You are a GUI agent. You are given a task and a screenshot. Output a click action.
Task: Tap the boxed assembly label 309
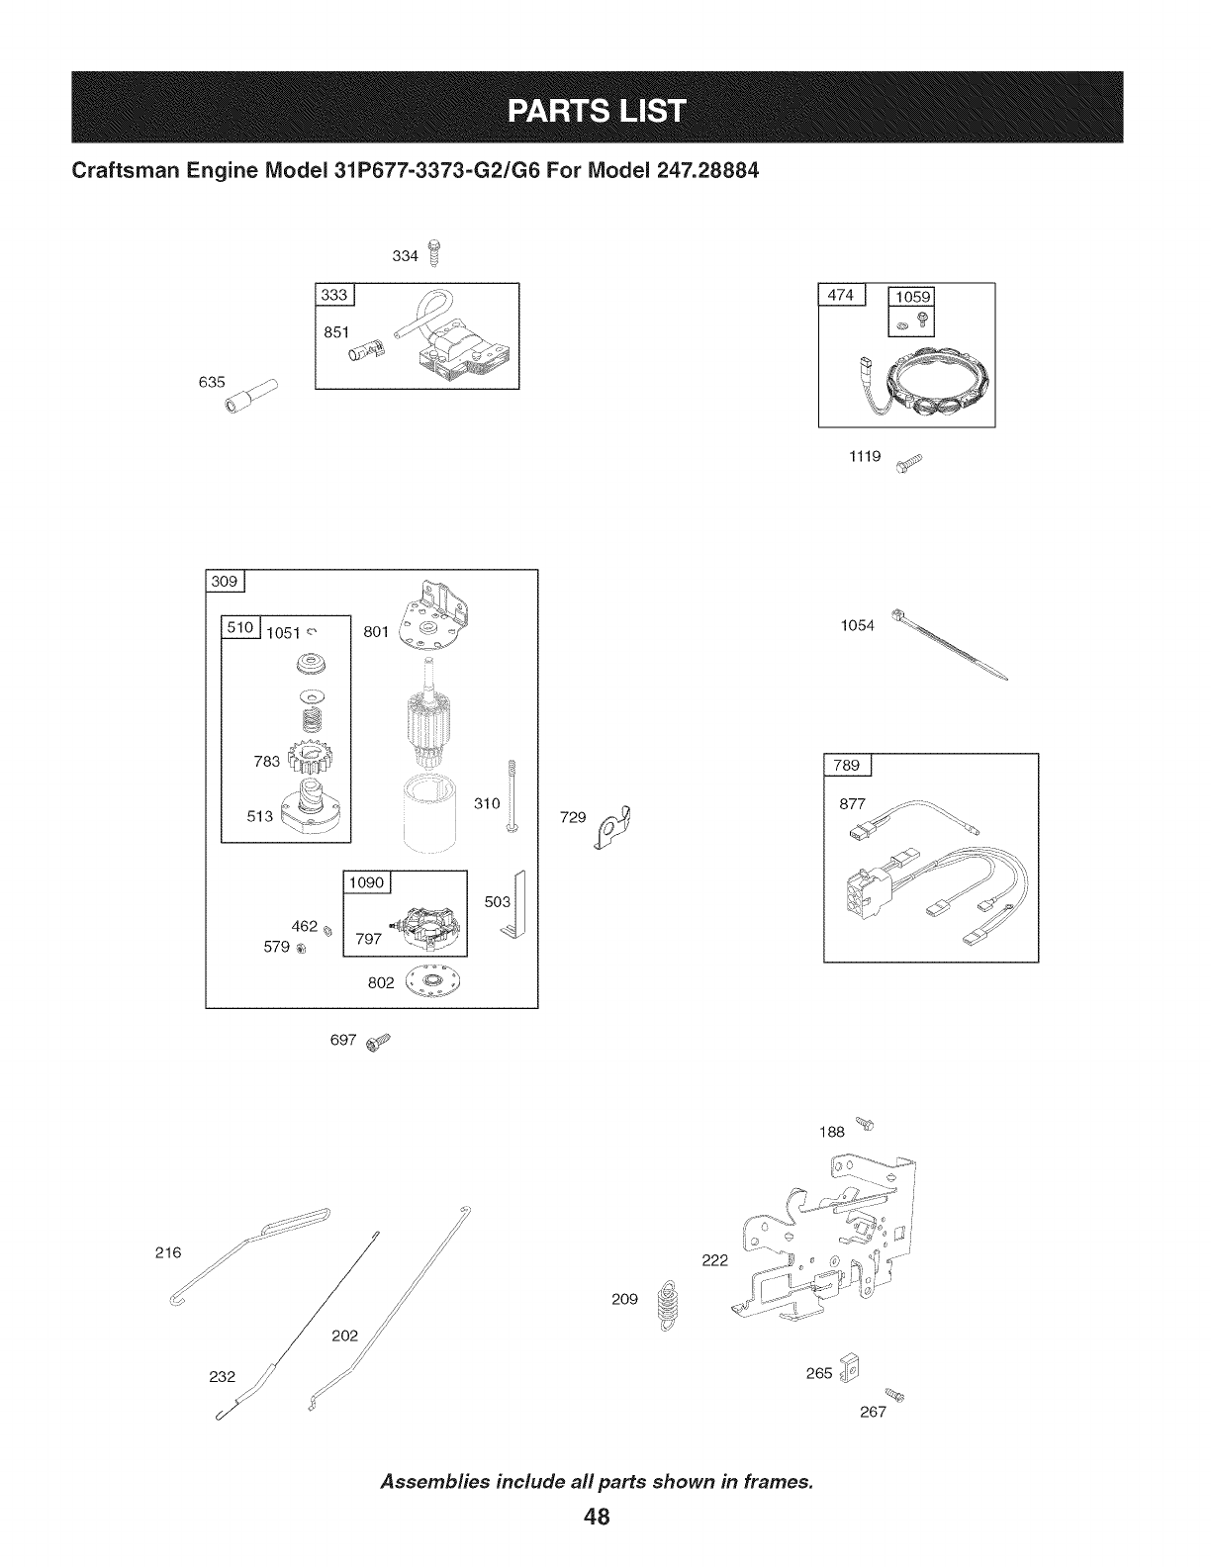226,582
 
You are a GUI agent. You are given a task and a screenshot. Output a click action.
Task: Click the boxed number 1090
367,882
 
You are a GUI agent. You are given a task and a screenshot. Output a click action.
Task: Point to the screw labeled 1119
907,464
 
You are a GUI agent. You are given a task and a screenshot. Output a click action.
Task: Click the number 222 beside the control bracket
713,1260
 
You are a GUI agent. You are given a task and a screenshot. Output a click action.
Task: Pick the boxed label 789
847,765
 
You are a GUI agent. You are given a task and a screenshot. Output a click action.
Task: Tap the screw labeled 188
867,1123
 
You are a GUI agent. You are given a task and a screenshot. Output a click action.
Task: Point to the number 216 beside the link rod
169,1252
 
